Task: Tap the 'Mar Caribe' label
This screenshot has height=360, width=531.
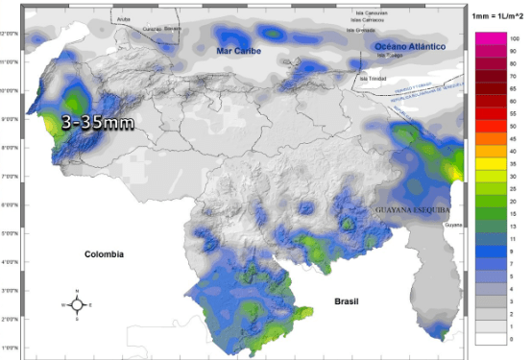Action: [238, 51]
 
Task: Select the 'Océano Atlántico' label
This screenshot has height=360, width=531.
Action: [409, 47]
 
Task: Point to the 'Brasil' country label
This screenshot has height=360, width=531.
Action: [348, 300]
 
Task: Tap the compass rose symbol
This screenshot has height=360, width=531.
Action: [77, 304]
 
